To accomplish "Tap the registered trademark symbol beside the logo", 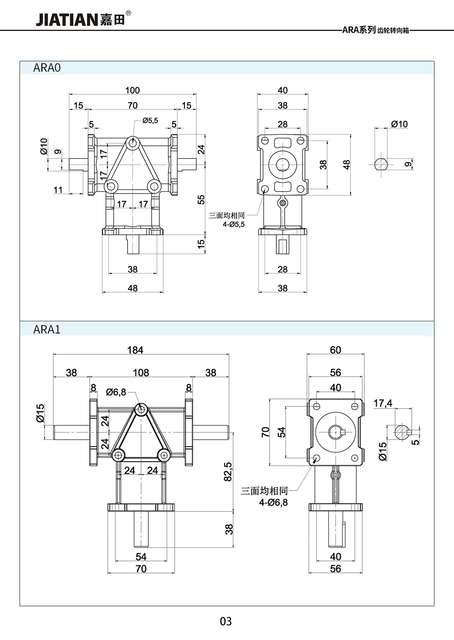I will (128, 14).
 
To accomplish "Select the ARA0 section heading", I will (47, 68).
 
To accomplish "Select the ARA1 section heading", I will (47, 329).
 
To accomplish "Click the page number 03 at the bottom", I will (226, 621).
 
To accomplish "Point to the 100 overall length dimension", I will (133, 90).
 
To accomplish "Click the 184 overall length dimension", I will (135, 350).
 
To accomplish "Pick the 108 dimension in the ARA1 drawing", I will (141, 372).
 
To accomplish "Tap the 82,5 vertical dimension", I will (228, 472).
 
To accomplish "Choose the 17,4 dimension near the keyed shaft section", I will (383, 403).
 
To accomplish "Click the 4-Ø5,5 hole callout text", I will (234, 224).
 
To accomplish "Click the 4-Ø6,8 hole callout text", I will (273, 503).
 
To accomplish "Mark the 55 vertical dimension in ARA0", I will (201, 200).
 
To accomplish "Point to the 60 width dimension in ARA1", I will (335, 350).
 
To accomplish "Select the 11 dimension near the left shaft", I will (58, 190).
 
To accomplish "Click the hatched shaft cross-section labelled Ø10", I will (381, 164).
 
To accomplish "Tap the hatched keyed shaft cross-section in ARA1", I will (401, 432).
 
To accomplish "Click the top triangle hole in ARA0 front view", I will (132, 143).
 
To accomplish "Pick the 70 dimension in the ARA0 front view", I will (133, 105).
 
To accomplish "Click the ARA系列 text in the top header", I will (359, 30).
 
